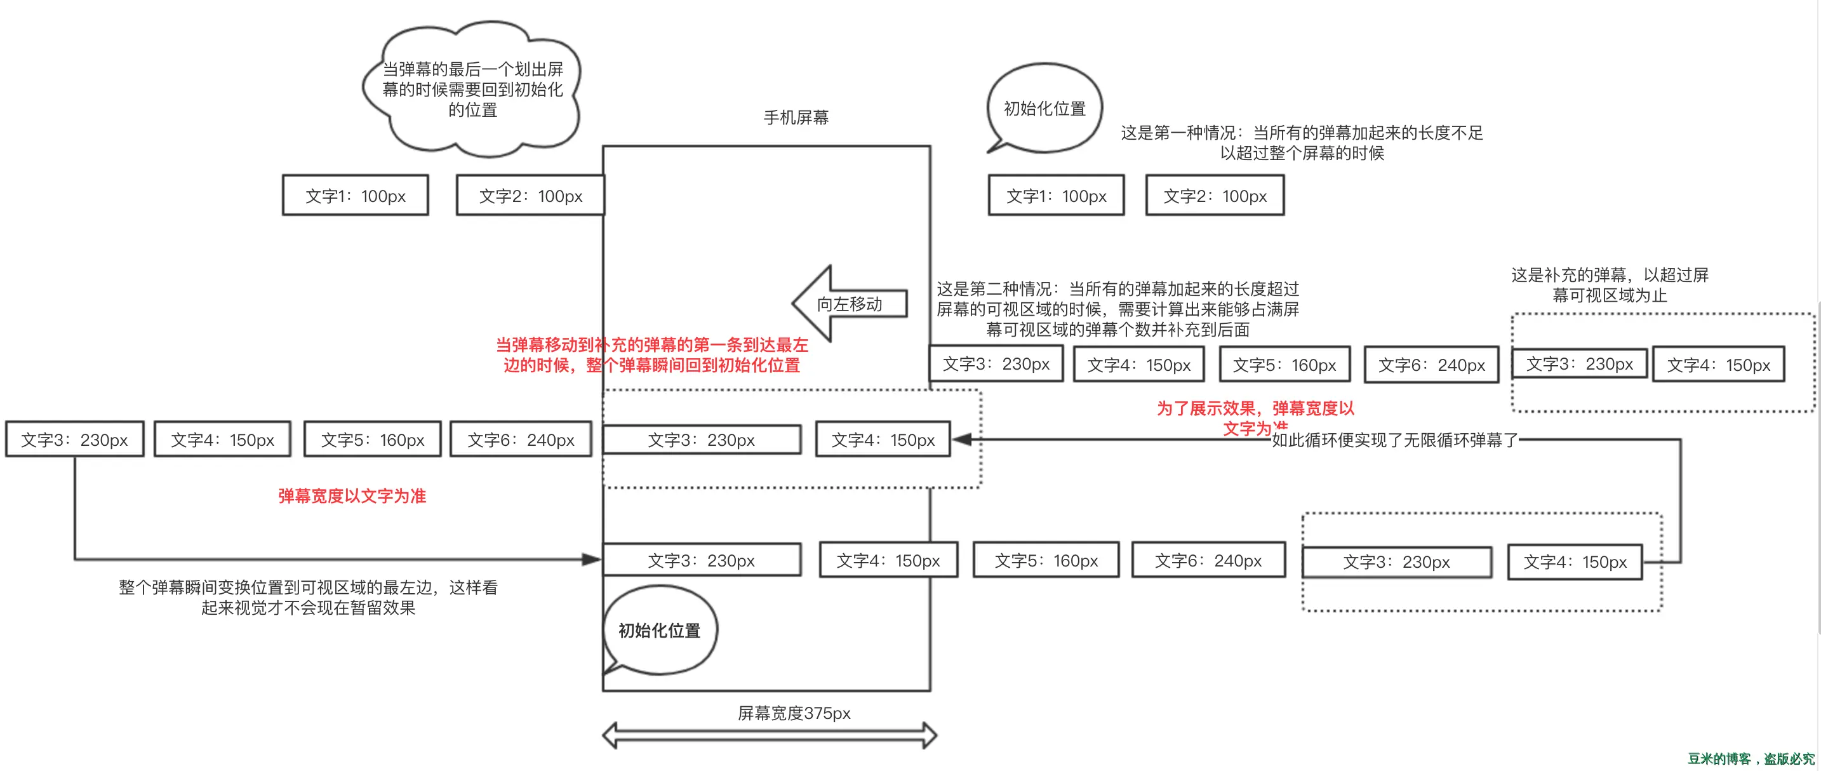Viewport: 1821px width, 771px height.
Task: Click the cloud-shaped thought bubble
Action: pos(472,89)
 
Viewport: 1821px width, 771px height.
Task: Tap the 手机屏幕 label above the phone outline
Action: pos(796,117)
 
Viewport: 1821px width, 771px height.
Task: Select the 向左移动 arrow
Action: pos(848,304)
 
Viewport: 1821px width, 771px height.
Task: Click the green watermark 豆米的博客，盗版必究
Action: pos(1751,759)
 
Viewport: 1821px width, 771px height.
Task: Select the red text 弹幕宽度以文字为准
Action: pos(352,496)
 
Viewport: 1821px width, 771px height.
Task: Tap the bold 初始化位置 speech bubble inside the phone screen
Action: pos(660,630)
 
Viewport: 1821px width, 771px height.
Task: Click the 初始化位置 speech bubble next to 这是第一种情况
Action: pos(1044,108)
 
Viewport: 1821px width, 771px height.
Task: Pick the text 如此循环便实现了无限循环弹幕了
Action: pos(1394,440)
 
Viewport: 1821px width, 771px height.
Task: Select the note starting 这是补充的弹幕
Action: pos(1610,285)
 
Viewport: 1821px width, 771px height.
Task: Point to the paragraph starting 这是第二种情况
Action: pos(1117,309)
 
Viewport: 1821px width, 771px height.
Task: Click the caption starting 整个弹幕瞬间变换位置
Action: pos(308,597)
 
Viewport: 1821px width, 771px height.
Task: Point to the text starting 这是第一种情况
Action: pos(1302,142)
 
